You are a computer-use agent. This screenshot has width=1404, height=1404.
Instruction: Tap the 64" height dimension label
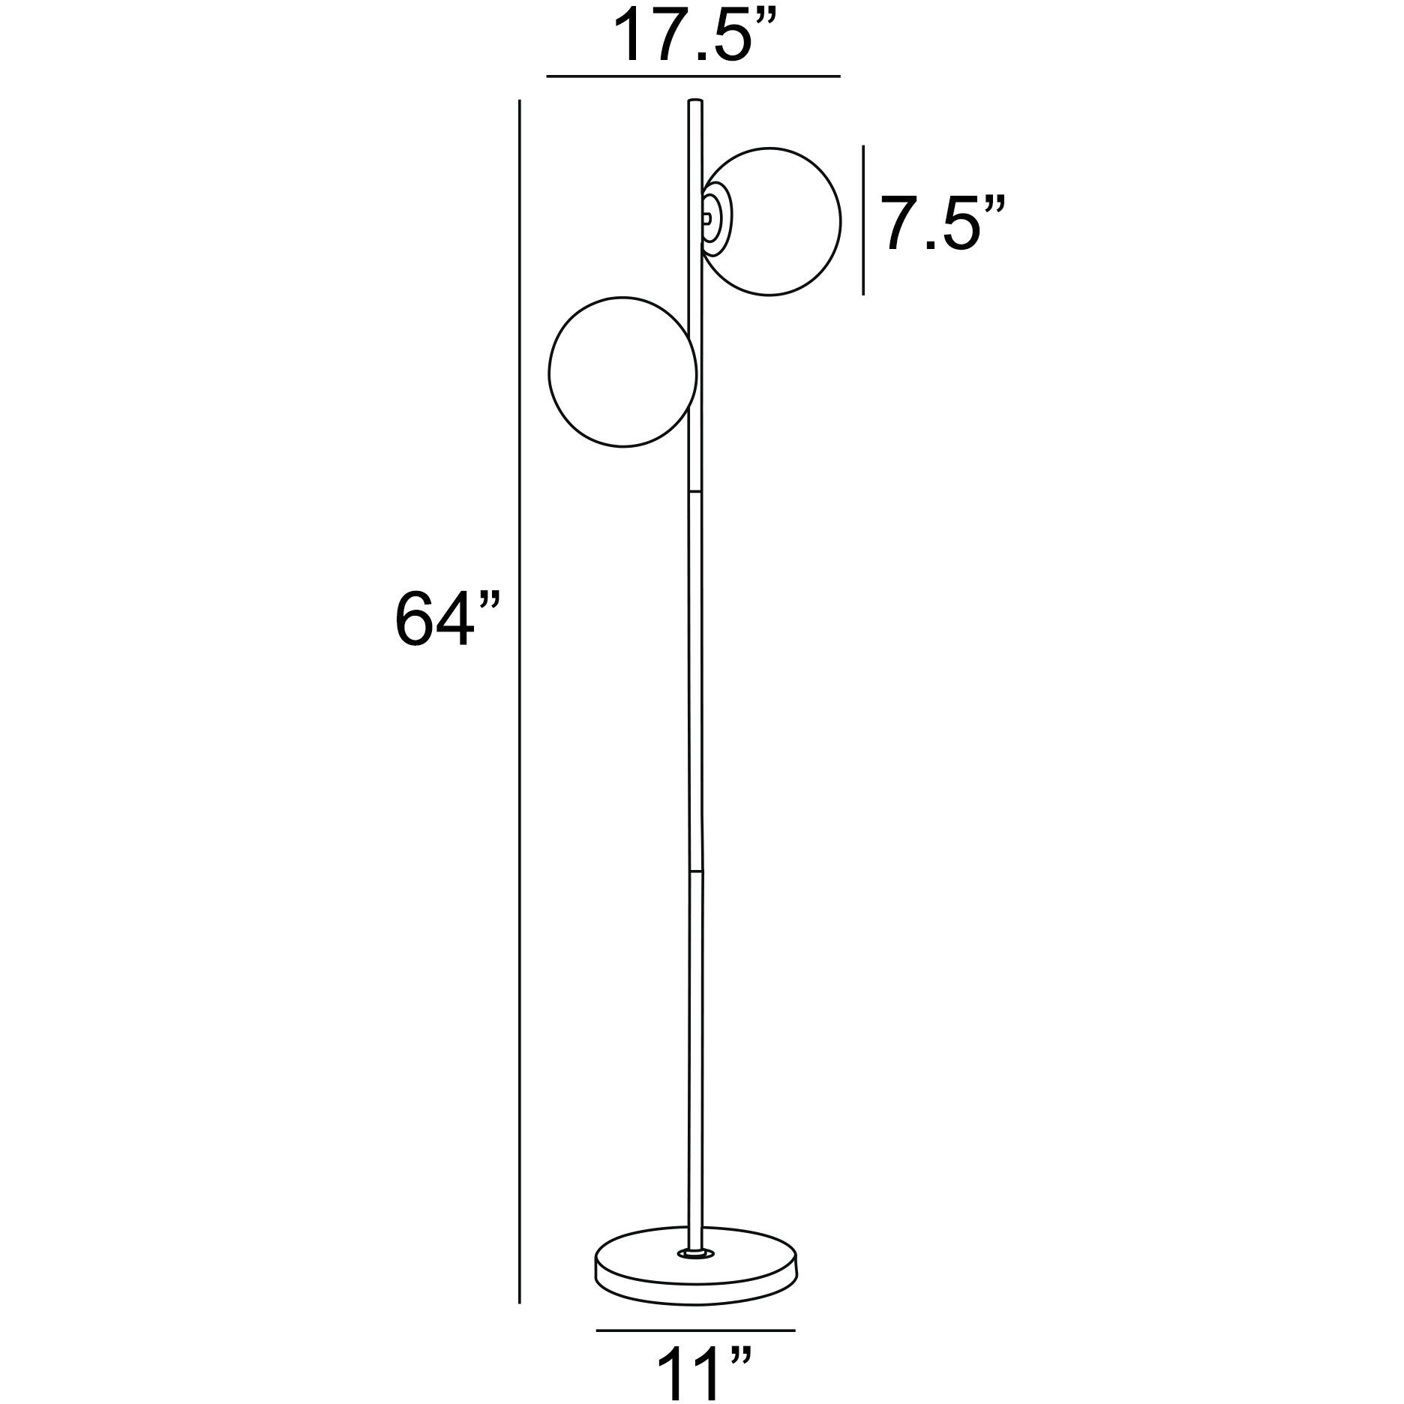pos(444,617)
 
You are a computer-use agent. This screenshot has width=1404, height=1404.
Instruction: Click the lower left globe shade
pos(622,372)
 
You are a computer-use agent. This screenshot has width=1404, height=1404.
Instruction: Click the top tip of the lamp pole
pos(695,101)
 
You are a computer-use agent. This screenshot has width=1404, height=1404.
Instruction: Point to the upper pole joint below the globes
pos(694,490)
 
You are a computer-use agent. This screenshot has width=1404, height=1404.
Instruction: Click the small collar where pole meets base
pos(694,1252)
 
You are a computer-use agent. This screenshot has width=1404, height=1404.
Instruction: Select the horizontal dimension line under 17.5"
pos(693,76)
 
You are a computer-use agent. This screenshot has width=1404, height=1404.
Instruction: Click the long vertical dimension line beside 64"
pos(519,675)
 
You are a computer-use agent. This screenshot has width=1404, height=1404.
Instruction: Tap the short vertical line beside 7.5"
pos(863,220)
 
